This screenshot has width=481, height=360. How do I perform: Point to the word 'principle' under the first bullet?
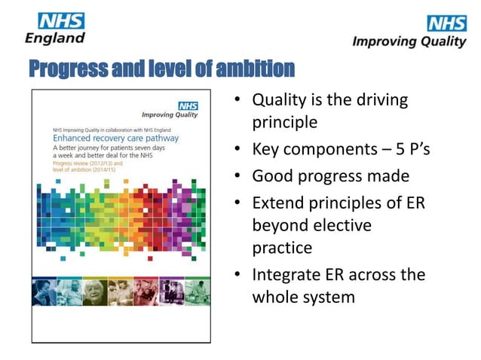click(284, 121)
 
